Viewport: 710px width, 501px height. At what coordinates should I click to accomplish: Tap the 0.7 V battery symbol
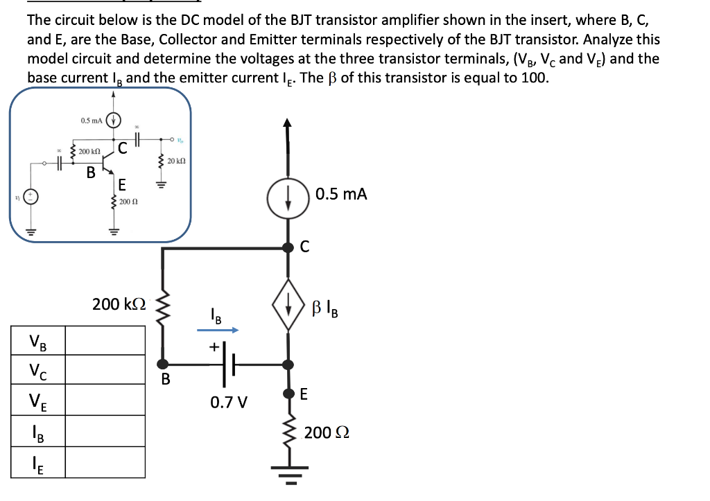point(229,362)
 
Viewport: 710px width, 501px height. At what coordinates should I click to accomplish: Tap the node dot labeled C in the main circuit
point(288,247)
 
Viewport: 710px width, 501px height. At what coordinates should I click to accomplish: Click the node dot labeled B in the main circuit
point(163,362)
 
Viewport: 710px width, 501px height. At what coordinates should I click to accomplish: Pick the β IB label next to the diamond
point(327,306)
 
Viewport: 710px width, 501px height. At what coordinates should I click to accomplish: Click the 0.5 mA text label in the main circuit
point(341,194)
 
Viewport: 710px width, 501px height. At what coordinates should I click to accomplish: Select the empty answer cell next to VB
point(105,341)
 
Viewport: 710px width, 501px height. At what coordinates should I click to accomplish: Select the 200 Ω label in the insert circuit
point(129,202)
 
